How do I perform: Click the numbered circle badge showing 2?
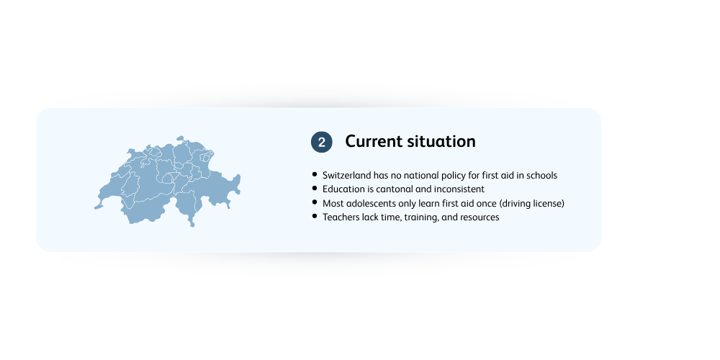tap(321, 142)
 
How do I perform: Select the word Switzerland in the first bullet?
tap(347, 176)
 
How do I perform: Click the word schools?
tap(542, 176)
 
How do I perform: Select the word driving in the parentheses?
tap(515, 204)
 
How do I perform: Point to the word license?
tap(549, 204)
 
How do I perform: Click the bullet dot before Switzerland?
tap(315, 174)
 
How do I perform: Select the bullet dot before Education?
tap(315, 188)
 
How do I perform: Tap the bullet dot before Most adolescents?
tap(315, 202)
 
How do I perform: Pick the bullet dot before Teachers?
tap(315, 216)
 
